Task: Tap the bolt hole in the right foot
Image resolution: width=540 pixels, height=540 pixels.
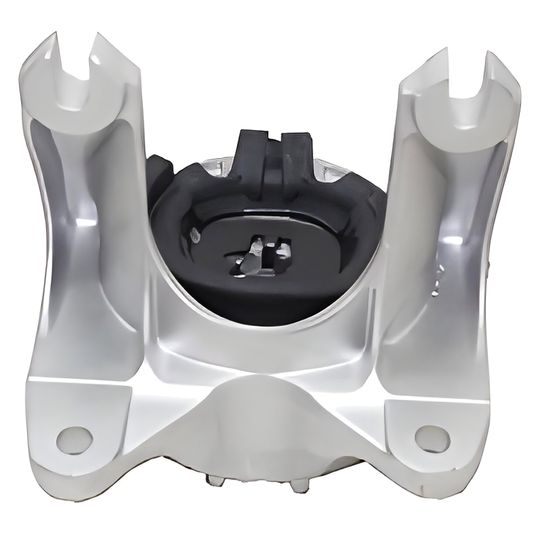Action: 431,436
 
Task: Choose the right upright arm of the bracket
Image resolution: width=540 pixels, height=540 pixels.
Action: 440,230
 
